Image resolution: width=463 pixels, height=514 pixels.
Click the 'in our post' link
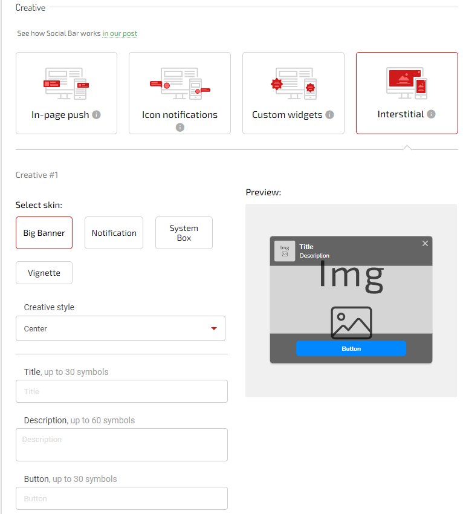[120, 33]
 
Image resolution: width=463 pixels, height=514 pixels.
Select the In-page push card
[66, 93]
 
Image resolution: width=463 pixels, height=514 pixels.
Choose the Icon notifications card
[180, 93]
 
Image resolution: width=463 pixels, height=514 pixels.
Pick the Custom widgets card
[293, 93]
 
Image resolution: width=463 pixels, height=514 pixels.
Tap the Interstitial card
[407, 93]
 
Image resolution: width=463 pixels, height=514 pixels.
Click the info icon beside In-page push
[96, 114]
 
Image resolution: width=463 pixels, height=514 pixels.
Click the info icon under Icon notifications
[180, 127]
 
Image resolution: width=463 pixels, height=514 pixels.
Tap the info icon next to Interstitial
[431, 114]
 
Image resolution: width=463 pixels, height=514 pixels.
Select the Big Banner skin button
[44, 233]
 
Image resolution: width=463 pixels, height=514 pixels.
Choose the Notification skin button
[114, 233]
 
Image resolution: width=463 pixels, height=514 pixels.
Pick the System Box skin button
[184, 233]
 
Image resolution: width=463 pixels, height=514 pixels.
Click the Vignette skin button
[44, 273]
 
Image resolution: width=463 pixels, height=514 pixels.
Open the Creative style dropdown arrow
[213, 328]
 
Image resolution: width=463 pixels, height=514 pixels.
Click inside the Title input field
[121, 391]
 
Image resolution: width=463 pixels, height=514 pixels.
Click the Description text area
[121, 444]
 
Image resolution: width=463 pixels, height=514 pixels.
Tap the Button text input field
[121, 498]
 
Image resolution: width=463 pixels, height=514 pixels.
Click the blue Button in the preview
[351, 348]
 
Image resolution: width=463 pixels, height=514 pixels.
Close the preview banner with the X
[425, 243]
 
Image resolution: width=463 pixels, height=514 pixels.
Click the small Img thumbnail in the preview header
[285, 250]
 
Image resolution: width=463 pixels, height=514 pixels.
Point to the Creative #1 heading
[37, 175]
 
